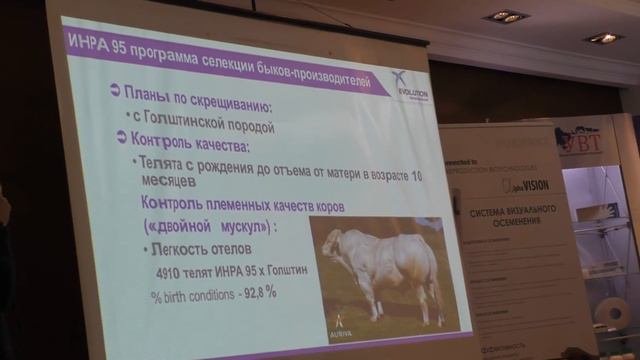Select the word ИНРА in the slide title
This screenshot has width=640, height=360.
pyautogui.click(x=86, y=41)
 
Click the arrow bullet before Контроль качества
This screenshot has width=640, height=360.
pyautogui.click(x=113, y=139)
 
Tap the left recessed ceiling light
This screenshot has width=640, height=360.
pyautogui.click(x=505, y=16)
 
